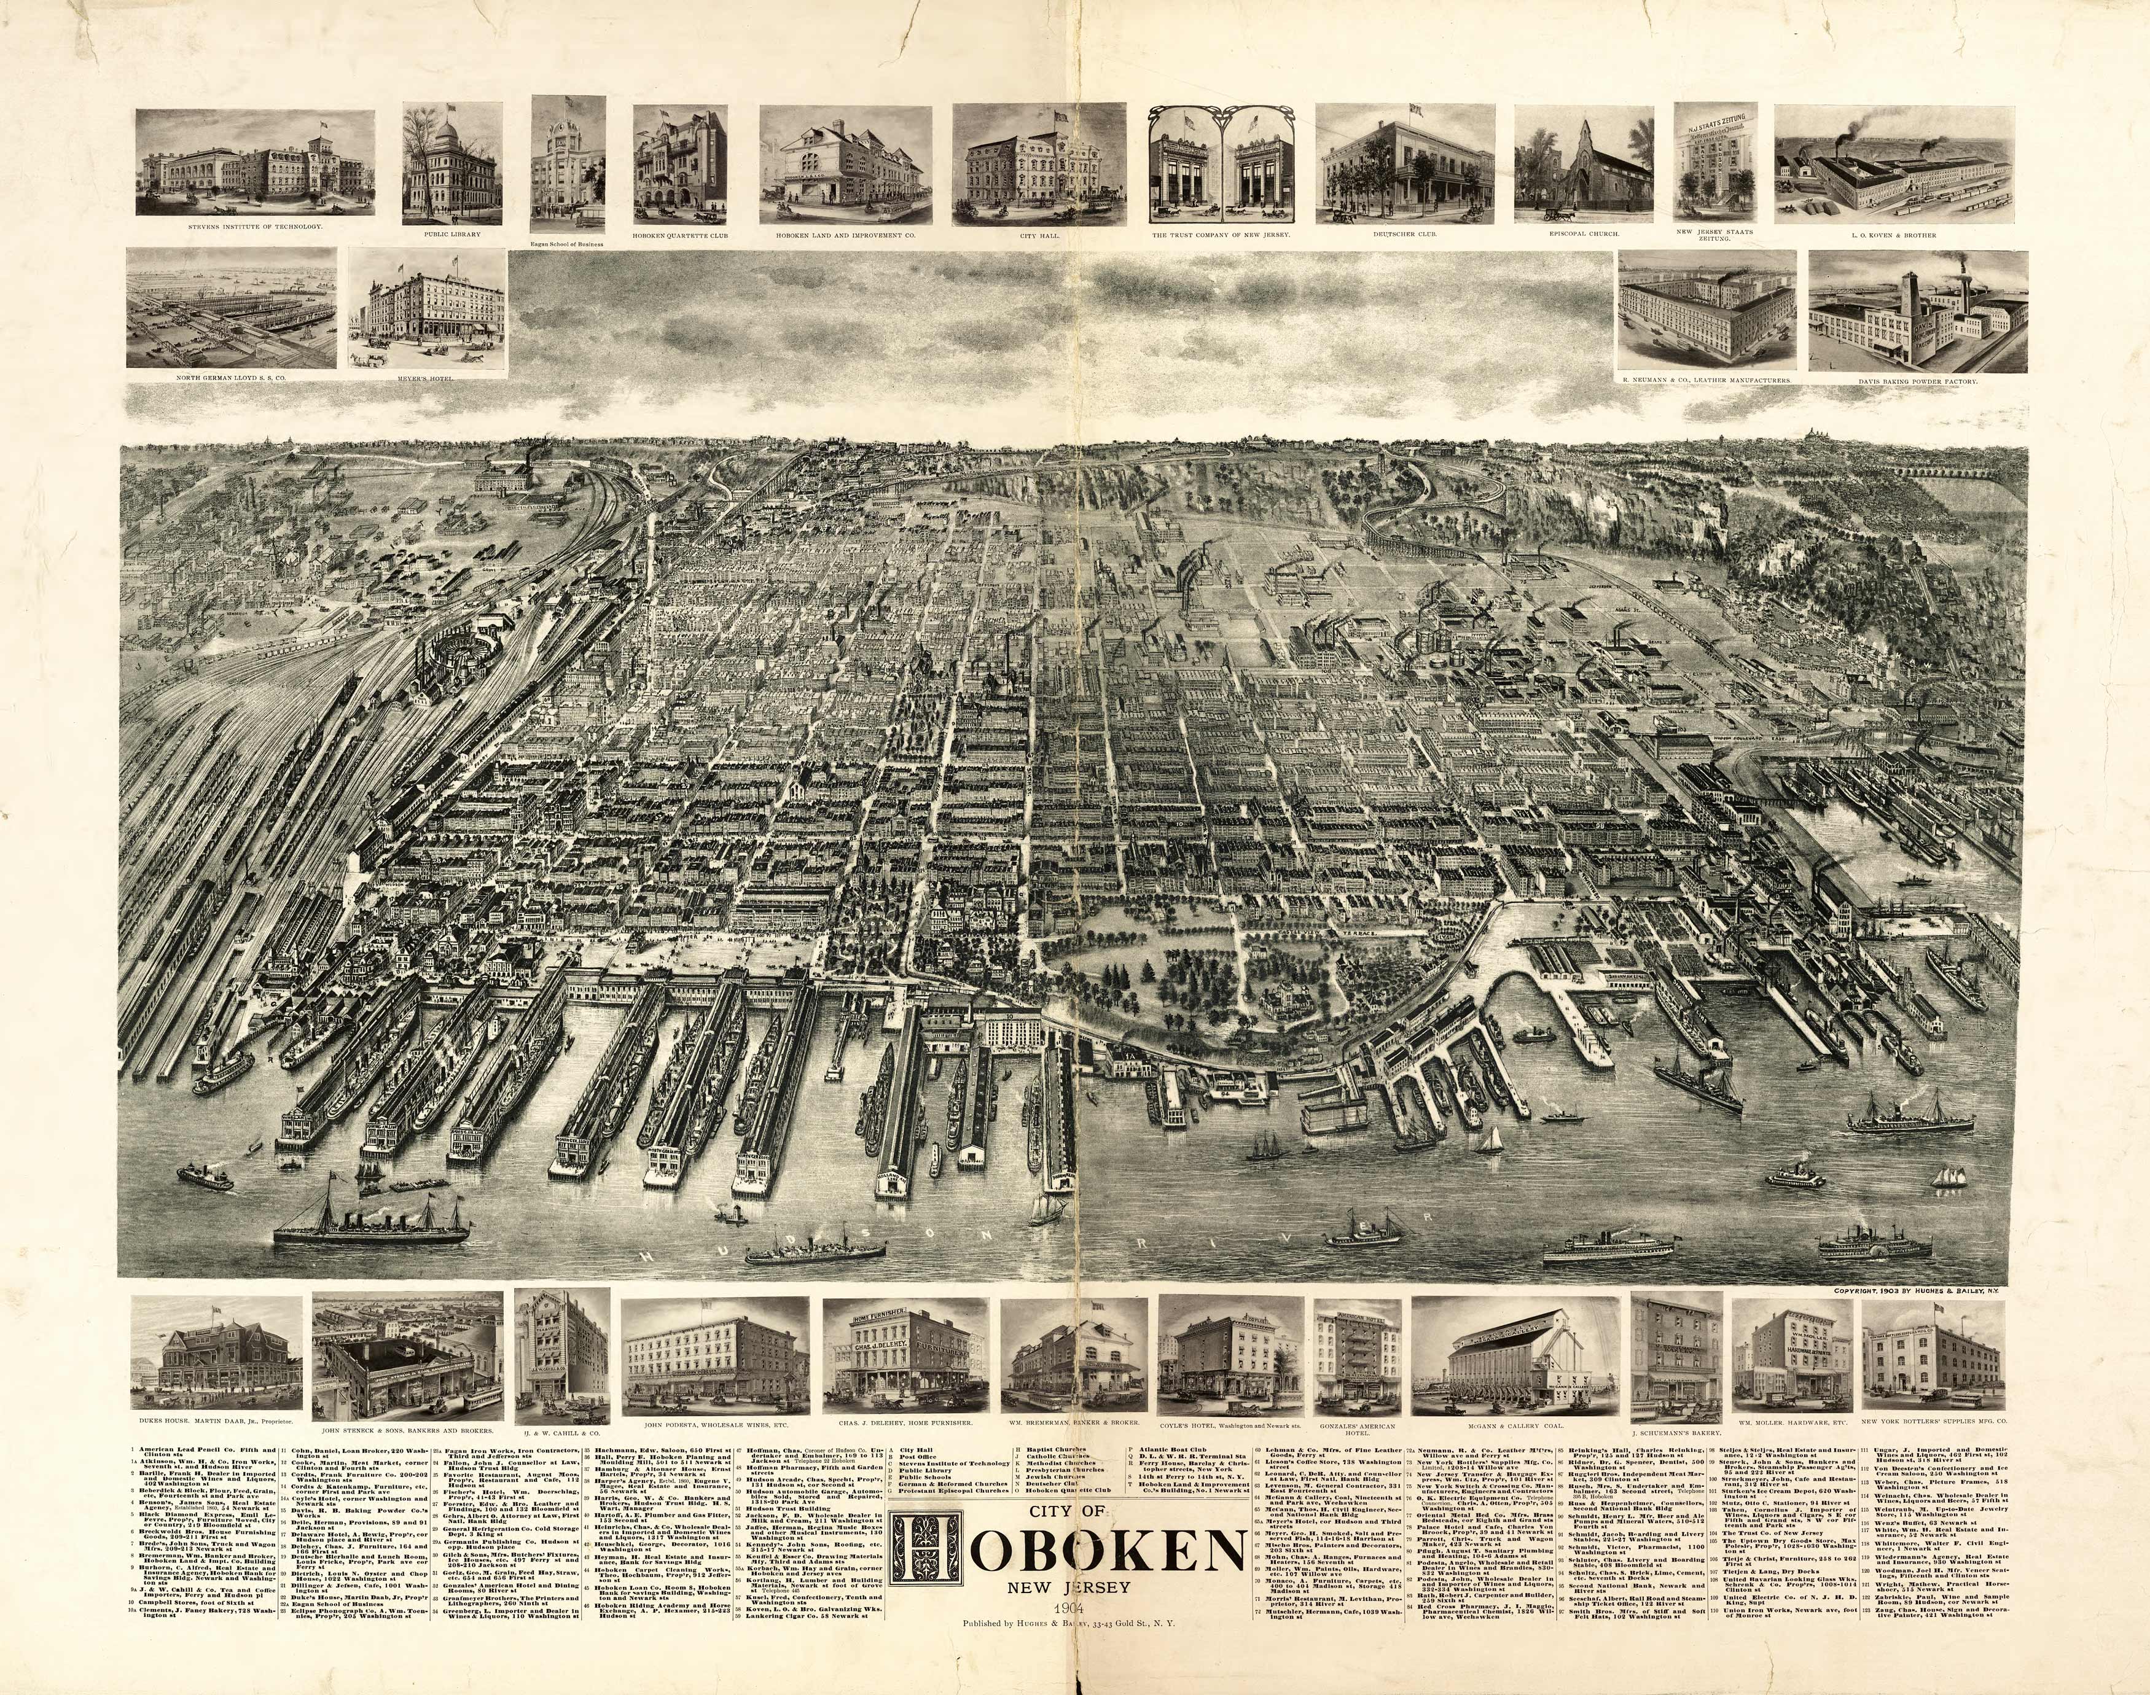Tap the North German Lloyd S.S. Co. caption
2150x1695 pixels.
click(230, 378)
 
